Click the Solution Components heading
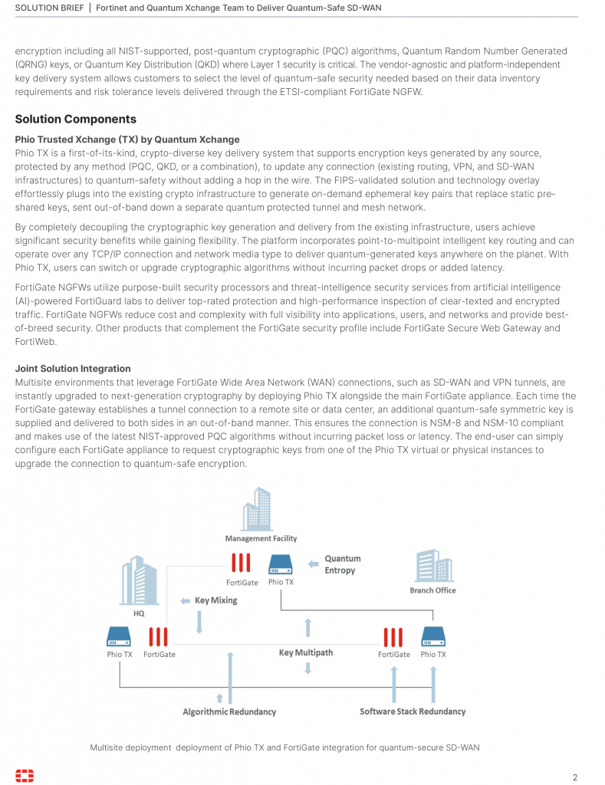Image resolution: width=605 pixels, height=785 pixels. (76, 119)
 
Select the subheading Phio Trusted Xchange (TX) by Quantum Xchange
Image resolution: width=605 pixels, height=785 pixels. (127, 140)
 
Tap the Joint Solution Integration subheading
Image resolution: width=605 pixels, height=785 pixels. (73, 369)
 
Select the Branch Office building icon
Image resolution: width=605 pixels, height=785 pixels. (432, 567)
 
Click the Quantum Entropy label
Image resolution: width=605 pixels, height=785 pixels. (342, 564)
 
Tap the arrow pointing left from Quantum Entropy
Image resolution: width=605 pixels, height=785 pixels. (313, 564)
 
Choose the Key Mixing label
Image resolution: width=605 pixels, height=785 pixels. (215, 600)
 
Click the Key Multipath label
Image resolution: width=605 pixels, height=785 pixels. (305, 652)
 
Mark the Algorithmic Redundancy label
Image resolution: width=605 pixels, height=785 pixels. (229, 711)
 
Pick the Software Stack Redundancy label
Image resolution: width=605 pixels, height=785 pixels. (413, 711)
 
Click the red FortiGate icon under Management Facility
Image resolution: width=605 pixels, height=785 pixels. (241, 564)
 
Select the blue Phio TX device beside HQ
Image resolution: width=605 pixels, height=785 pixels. (119, 636)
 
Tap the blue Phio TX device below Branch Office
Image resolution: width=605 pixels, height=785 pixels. (433, 636)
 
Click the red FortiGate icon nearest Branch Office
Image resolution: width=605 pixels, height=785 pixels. (393, 636)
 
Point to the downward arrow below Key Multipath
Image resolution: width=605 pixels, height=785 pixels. (307, 668)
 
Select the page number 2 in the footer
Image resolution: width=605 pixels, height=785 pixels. (575, 776)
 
